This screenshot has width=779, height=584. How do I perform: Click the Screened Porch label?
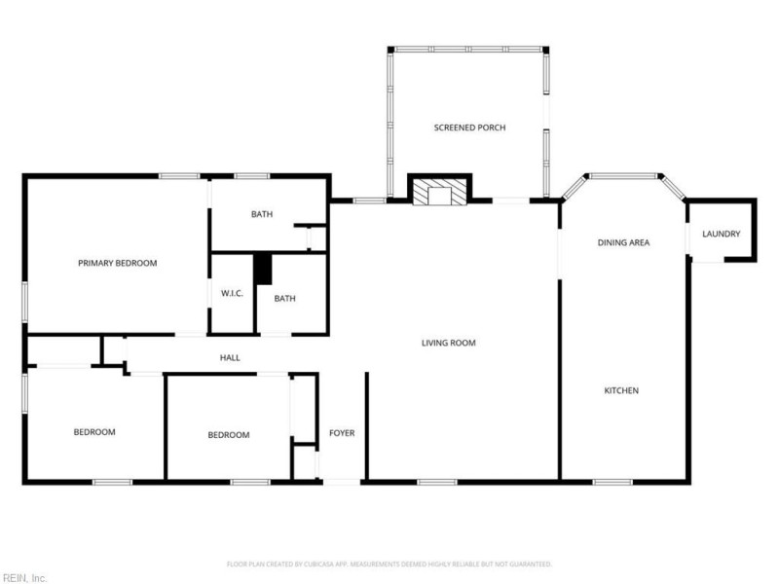[x=469, y=128]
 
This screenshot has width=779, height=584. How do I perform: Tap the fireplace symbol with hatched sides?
[x=439, y=192]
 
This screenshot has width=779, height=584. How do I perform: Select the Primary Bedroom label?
[x=117, y=263]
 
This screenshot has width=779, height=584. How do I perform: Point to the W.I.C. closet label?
[x=232, y=293]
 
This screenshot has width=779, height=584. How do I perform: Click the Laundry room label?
[x=722, y=234]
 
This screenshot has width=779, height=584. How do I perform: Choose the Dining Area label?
[x=623, y=242]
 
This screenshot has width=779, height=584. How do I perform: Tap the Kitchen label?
[x=621, y=390]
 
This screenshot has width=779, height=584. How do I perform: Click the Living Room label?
[x=448, y=343]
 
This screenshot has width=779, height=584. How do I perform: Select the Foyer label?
[x=342, y=432]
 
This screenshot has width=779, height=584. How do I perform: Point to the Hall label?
[x=230, y=358]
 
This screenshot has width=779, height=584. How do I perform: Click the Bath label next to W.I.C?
[x=284, y=299]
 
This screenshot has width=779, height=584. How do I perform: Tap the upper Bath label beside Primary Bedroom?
[x=262, y=214]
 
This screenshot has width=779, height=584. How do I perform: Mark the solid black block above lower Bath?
[x=262, y=269]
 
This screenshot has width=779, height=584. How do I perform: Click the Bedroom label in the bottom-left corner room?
[x=94, y=432]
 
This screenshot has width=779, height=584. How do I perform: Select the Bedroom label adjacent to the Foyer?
[x=229, y=435]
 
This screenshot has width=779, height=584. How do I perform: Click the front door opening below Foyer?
[x=341, y=481]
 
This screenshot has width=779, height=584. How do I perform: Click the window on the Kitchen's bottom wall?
[x=612, y=481]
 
